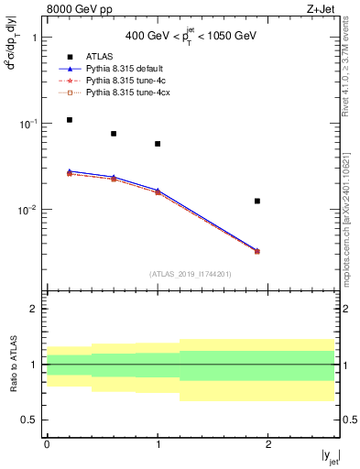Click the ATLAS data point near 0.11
[70, 120]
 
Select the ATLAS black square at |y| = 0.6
[114, 134]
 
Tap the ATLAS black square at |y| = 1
[158, 144]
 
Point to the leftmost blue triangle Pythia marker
[70, 171]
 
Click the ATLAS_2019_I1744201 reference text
[190, 274]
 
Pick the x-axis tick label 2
[268, 443]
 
